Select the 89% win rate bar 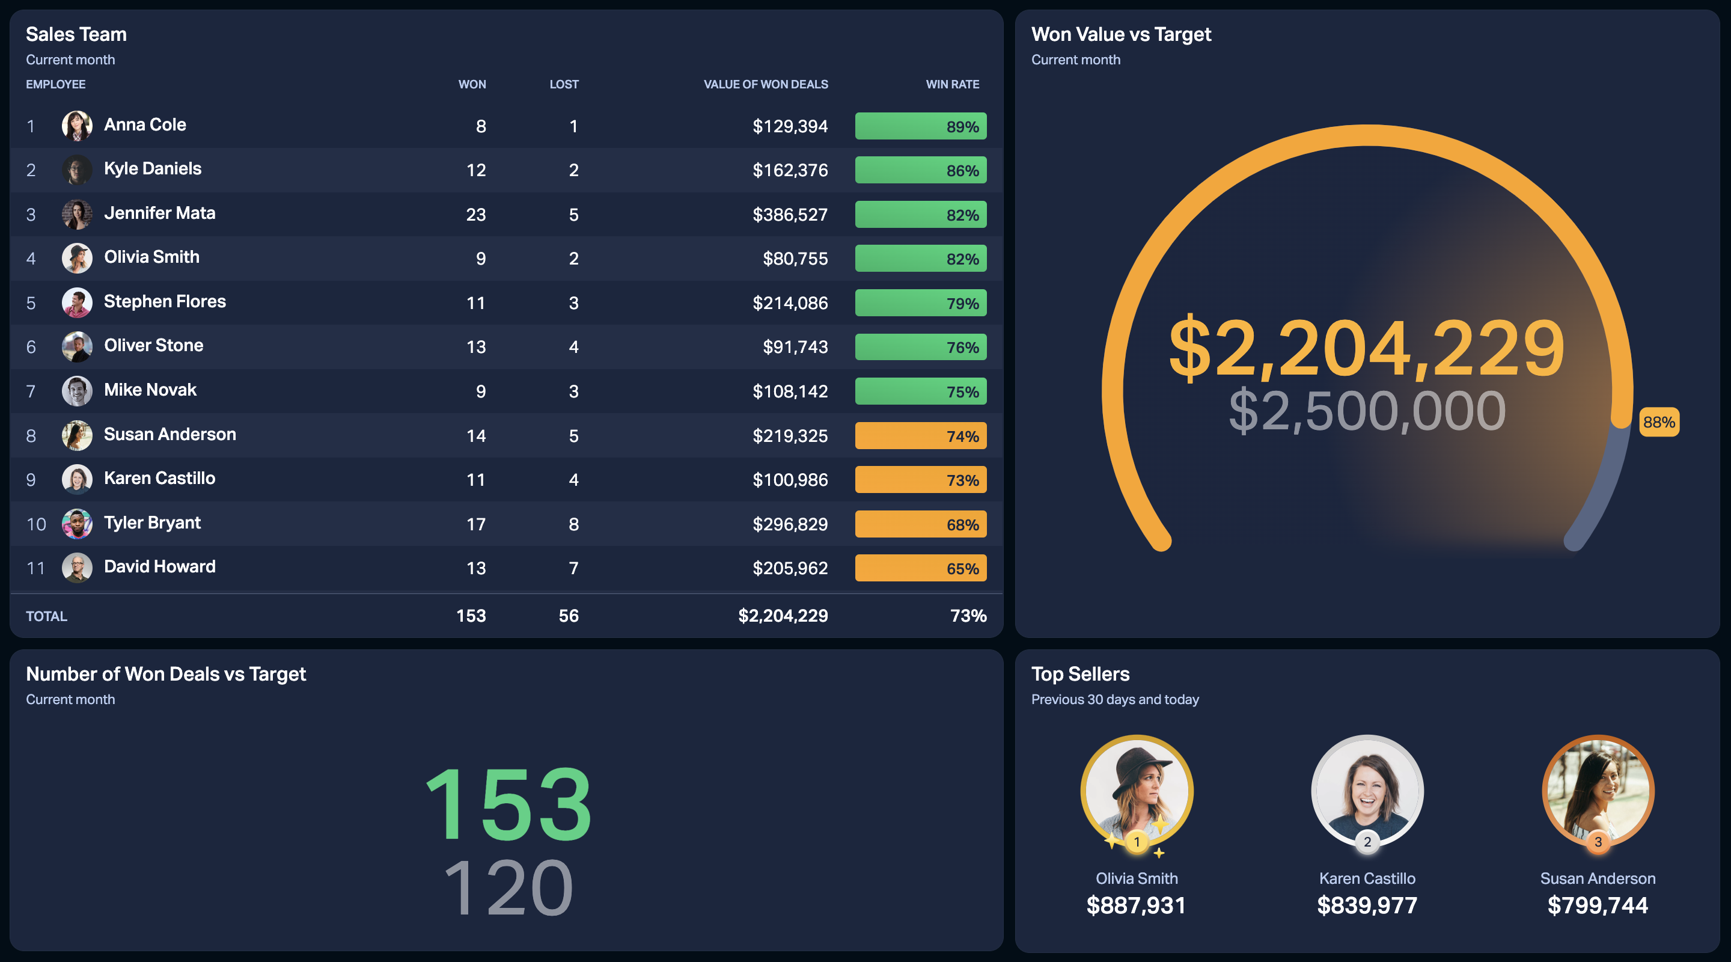(921, 126)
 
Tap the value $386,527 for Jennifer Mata (790, 215)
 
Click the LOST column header (564, 85)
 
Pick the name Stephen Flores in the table (165, 301)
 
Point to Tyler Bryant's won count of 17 (476, 524)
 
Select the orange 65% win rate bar (921, 568)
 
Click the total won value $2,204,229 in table (783, 616)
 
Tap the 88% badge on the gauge (1659, 422)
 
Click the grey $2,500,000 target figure (1367, 411)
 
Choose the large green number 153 (508, 804)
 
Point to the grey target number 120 (508, 888)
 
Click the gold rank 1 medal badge (1137, 842)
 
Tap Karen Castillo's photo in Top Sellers (1367, 791)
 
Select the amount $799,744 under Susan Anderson (1598, 905)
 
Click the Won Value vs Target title (1121, 34)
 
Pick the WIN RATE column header (952, 85)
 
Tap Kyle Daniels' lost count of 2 (573, 170)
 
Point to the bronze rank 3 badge (1598, 842)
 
